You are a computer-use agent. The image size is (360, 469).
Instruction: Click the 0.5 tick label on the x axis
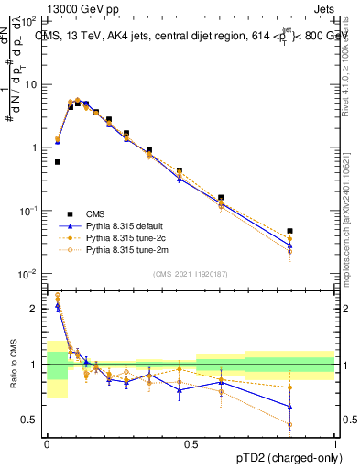(x=191, y=443)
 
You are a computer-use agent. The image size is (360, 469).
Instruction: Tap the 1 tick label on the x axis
(x=335, y=443)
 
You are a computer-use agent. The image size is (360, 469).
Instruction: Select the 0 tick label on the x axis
(x=47, y=443)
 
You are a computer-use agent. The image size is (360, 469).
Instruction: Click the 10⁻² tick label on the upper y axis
(x=30, y=274)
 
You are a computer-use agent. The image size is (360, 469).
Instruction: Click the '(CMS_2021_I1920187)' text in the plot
(x=191, y=274)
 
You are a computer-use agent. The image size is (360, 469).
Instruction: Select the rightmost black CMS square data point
(x=290, y=231)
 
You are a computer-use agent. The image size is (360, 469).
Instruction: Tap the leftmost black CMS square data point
(x=58, y=162)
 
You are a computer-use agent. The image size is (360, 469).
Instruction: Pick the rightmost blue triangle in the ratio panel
(x=290, y=407)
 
